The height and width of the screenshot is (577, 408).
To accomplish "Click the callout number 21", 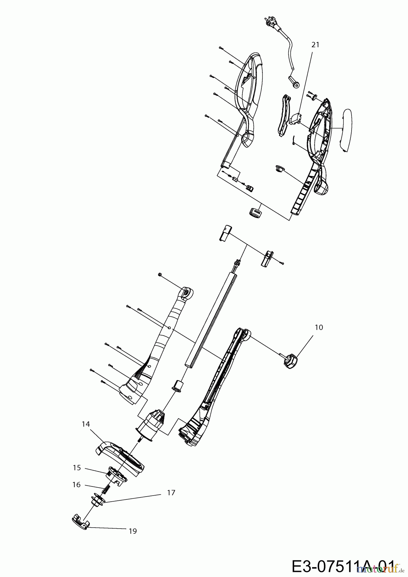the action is pyautogui.click(x=316, y=45).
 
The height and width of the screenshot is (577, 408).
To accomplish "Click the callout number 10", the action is pyautogui.click(x=319, y=327).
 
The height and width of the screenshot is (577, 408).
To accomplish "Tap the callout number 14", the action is pyautogui.click(x=86, y=424).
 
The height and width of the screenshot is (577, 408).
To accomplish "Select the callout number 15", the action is pyautogui.click(x=77, y=468).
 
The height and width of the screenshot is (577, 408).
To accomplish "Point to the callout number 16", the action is pyautogui.click(x=76, y=485).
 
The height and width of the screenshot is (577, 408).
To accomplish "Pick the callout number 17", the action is pyautogui.click(x=171, y=493).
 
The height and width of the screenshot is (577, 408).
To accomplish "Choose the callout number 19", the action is pyautogui.click(x=133, y=531).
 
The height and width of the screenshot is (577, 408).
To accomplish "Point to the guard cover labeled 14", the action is pyautogui.click(x=120, y=457).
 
